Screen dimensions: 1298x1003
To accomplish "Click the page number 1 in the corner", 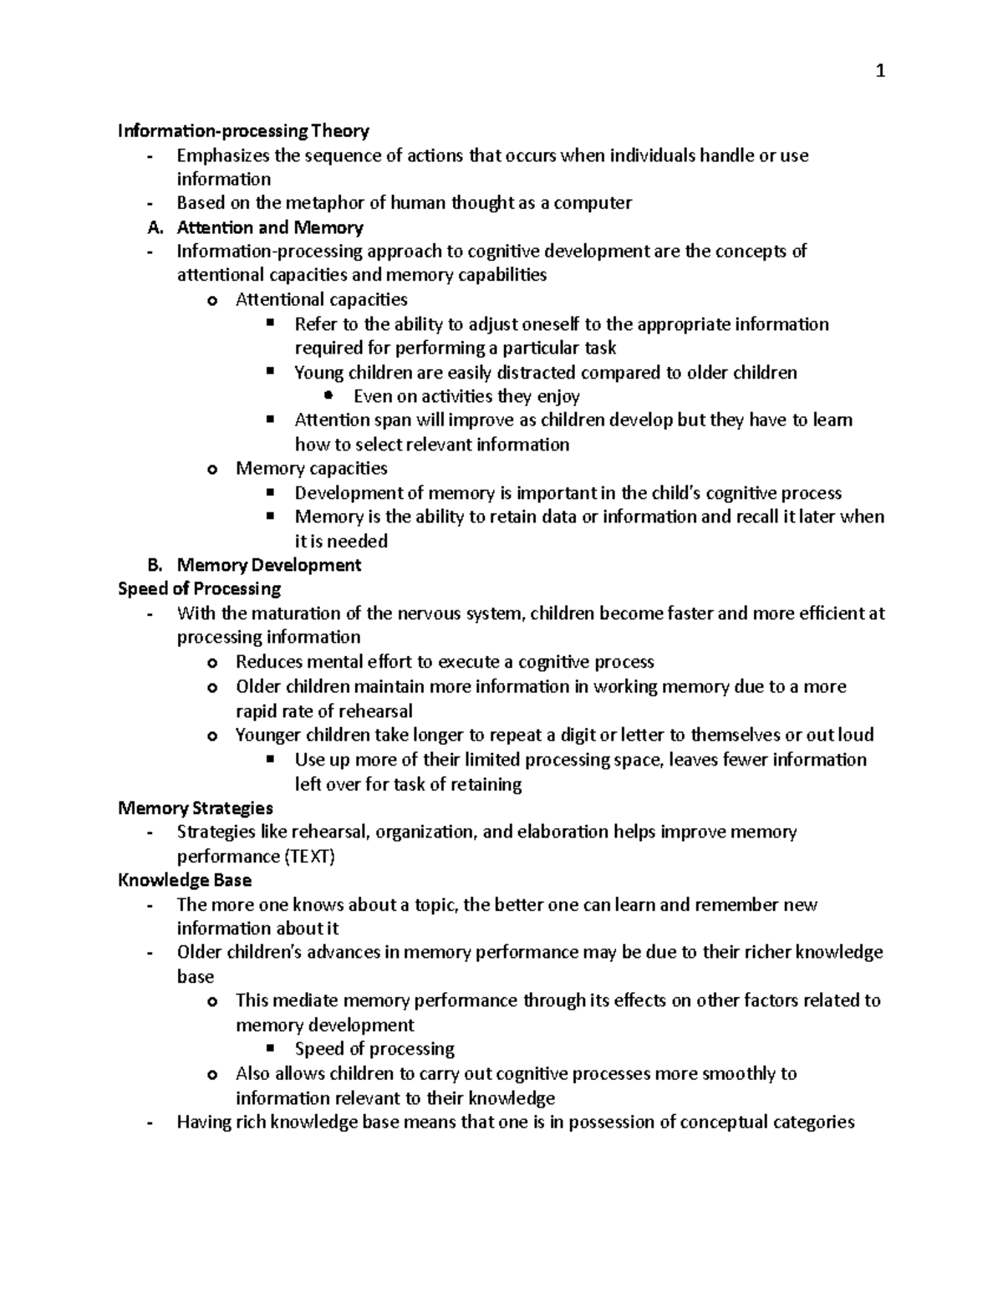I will [879, 72].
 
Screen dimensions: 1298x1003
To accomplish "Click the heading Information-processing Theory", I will [243, 131].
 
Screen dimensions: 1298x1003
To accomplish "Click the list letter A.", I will [152, 227].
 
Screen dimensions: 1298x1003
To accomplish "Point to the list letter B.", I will [152, 565].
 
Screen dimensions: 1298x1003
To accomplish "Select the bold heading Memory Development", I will [269, 565].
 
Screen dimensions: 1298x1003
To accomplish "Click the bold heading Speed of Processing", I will [199, 589].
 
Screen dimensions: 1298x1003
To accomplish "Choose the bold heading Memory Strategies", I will [196, 808].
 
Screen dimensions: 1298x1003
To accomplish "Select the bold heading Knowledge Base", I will [185, 880].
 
